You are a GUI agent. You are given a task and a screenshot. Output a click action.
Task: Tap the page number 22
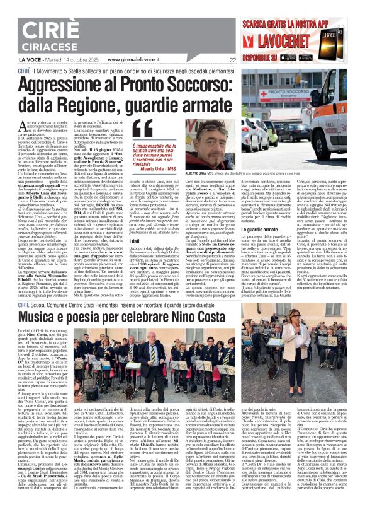(232, 61)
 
